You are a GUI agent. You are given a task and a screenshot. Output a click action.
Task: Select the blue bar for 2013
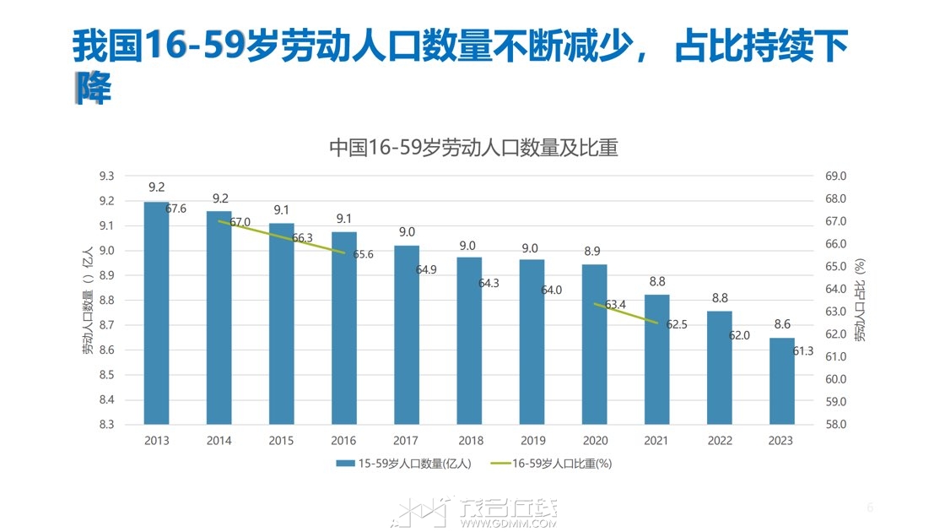pos(156,312)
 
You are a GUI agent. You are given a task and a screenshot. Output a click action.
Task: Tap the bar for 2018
pos(469,340)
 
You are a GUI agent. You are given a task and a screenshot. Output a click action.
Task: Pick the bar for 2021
pos(656,359)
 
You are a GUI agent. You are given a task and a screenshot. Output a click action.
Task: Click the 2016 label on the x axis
pos(343,441)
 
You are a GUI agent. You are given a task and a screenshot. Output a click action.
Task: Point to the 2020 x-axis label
pos(595,441)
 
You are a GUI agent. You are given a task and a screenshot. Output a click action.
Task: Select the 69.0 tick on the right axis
pos(835,176)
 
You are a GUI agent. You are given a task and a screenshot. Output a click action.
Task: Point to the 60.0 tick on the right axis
pos(835,379)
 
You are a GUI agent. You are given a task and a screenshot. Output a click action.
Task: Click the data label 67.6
pos(176,209)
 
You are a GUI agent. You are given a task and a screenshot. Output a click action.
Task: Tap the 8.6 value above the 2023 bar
pos(781,324)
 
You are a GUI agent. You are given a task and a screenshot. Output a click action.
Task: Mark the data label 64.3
pos(489,284)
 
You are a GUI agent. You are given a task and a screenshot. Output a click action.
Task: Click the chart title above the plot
pos(472,149)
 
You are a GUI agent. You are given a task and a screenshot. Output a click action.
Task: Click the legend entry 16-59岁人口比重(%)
pos(560,464)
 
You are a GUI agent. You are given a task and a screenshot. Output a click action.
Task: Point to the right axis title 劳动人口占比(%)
pos(859,300)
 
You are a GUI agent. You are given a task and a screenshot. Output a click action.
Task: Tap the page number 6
pos(870,508)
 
